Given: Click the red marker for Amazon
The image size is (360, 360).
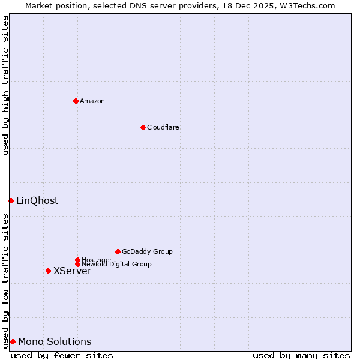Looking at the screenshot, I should pos(76,101).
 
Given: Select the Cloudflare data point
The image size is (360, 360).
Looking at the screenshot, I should pos(143,127).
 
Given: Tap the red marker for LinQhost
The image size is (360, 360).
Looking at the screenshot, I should pos(11,200).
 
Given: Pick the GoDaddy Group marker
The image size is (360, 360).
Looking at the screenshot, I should pos(118,251).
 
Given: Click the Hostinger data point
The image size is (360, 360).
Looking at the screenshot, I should pos(77,260).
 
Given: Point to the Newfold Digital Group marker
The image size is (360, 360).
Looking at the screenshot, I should pos(77,264).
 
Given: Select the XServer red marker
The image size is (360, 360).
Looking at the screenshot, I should pos(48,271).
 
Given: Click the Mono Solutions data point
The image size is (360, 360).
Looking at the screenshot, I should pos(13,341).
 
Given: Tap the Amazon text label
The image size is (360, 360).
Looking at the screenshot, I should pos(92,101).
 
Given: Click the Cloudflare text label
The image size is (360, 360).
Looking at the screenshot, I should pos(163,127).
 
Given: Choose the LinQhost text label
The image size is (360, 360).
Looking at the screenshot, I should pos(37,200).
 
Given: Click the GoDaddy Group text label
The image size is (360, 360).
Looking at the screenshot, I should pos(147,251).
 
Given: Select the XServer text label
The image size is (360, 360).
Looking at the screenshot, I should pos(73,271).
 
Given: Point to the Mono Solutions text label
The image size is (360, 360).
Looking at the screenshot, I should pos(55,341).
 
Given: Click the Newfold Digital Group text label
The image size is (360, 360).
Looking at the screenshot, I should pos(116,264).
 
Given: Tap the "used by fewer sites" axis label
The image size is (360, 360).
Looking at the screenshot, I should pos(62,355).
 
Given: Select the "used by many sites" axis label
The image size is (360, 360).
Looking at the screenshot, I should pos(301,355).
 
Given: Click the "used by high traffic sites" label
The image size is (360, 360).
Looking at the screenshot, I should pos(5,85).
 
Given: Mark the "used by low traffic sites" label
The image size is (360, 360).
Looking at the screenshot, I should pos(5,281).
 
